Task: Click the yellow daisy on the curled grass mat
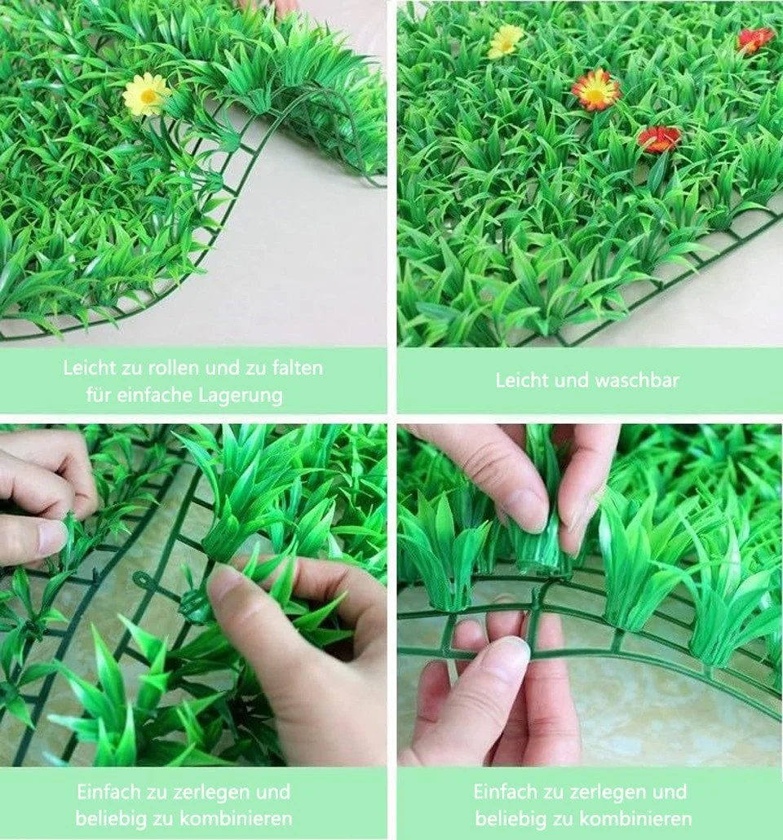[145, 95]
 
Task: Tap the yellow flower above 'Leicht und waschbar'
[506, 42]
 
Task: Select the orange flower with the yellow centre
[595, 90]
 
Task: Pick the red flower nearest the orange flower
[659, 138]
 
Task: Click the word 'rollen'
[175, 368]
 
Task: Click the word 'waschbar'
[637, 380]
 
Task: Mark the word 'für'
[99, 396]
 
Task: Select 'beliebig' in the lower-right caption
[507, 819]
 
